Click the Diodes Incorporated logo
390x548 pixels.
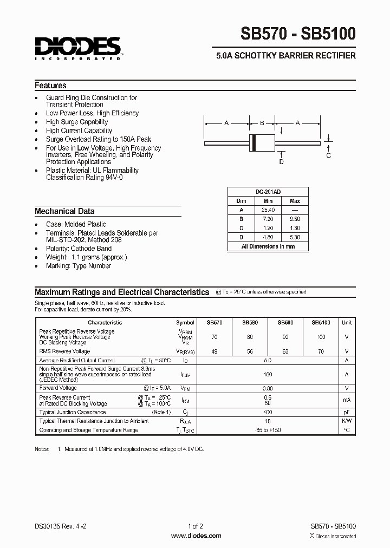click(x=79, y=48)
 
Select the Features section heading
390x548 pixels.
click(x=50, y=86)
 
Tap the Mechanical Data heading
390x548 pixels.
click(x=64, y=211)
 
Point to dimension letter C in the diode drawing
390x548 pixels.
click(x=328, y=155)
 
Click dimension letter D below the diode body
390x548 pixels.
click(x=281, y=161)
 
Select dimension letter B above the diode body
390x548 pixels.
click(x=262, y=123)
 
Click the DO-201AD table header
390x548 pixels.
click(x=268, y=192)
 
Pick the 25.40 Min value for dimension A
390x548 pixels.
click(x=268, y=210)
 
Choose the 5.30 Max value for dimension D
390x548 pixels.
click(x=295, y=237)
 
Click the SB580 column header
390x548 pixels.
click(x=250, y=322)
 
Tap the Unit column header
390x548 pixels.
click(x=347, y=322)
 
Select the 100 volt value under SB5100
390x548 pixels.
click(x=321, y=337)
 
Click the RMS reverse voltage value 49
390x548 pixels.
click(x=214, y=351)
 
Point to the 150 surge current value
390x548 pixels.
click(x=268, y=374)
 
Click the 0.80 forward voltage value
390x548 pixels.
click(x=268, y=388)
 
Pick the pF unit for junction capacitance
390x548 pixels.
click(x=347, y=412)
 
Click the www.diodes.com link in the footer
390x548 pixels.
click(x=196, y=536)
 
